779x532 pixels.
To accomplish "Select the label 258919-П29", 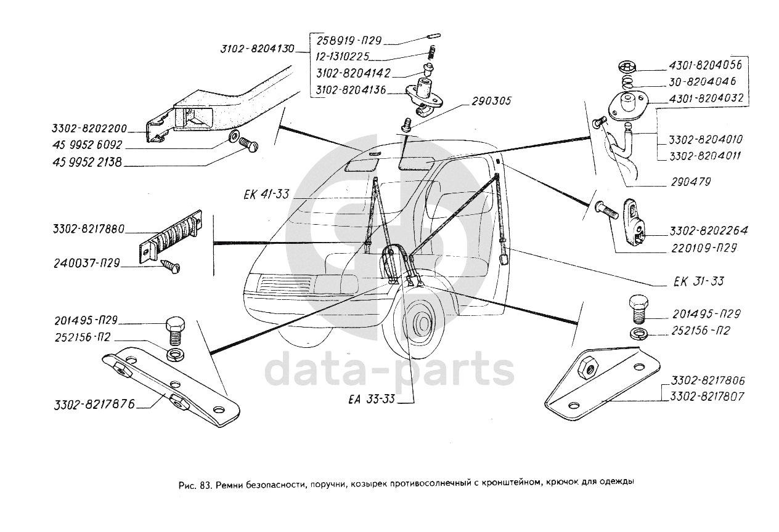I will point(349,41).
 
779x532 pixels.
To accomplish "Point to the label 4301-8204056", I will point(705,65).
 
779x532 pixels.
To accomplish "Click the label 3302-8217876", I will point(93,405).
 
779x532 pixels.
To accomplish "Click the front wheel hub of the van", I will point(422,323).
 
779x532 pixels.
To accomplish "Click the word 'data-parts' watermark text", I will point(389,369).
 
